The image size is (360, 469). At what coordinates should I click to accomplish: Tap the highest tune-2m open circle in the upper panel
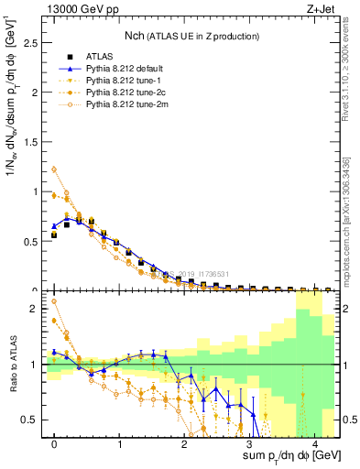(54, 169)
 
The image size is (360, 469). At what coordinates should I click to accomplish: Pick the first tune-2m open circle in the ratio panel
(54, 300)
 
